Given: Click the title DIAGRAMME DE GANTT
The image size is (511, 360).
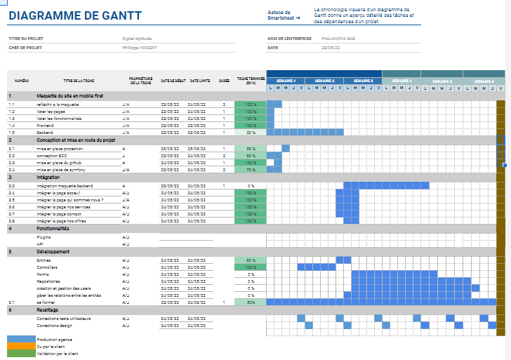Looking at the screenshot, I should [x=74, y=15].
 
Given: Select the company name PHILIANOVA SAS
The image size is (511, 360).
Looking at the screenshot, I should [x=338, y=39].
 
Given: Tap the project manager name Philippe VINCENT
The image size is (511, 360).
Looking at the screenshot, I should [x=140, y=48].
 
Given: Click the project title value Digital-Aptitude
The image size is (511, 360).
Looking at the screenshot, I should [x=137, y=39].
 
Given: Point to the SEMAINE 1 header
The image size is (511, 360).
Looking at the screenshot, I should [x=286, y=81].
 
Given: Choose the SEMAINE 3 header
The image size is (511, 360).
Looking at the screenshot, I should [x=363, y=81].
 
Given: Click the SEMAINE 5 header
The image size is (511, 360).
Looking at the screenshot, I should [x=441, y=81].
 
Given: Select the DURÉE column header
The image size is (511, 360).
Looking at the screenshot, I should [x=224, y=81].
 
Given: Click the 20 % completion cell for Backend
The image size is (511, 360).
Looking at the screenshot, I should [x=251, y=132].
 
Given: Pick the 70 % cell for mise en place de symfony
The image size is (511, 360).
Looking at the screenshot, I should [x=251, y=170].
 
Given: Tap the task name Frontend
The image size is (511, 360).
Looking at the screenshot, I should [x=47, y=125].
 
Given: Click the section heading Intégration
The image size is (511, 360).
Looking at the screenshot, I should [x=49, y=178].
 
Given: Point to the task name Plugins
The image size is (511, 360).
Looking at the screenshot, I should [x=44, y=237].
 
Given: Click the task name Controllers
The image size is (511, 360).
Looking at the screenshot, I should [x=48, y=267].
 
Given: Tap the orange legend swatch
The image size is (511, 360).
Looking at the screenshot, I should [x=20, y=346].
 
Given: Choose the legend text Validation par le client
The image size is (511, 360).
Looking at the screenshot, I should [x=58, y=353].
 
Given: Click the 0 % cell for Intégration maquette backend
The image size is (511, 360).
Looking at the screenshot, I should [x=251, y=185].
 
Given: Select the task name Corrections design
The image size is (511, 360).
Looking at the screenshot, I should [x=55, y=326].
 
